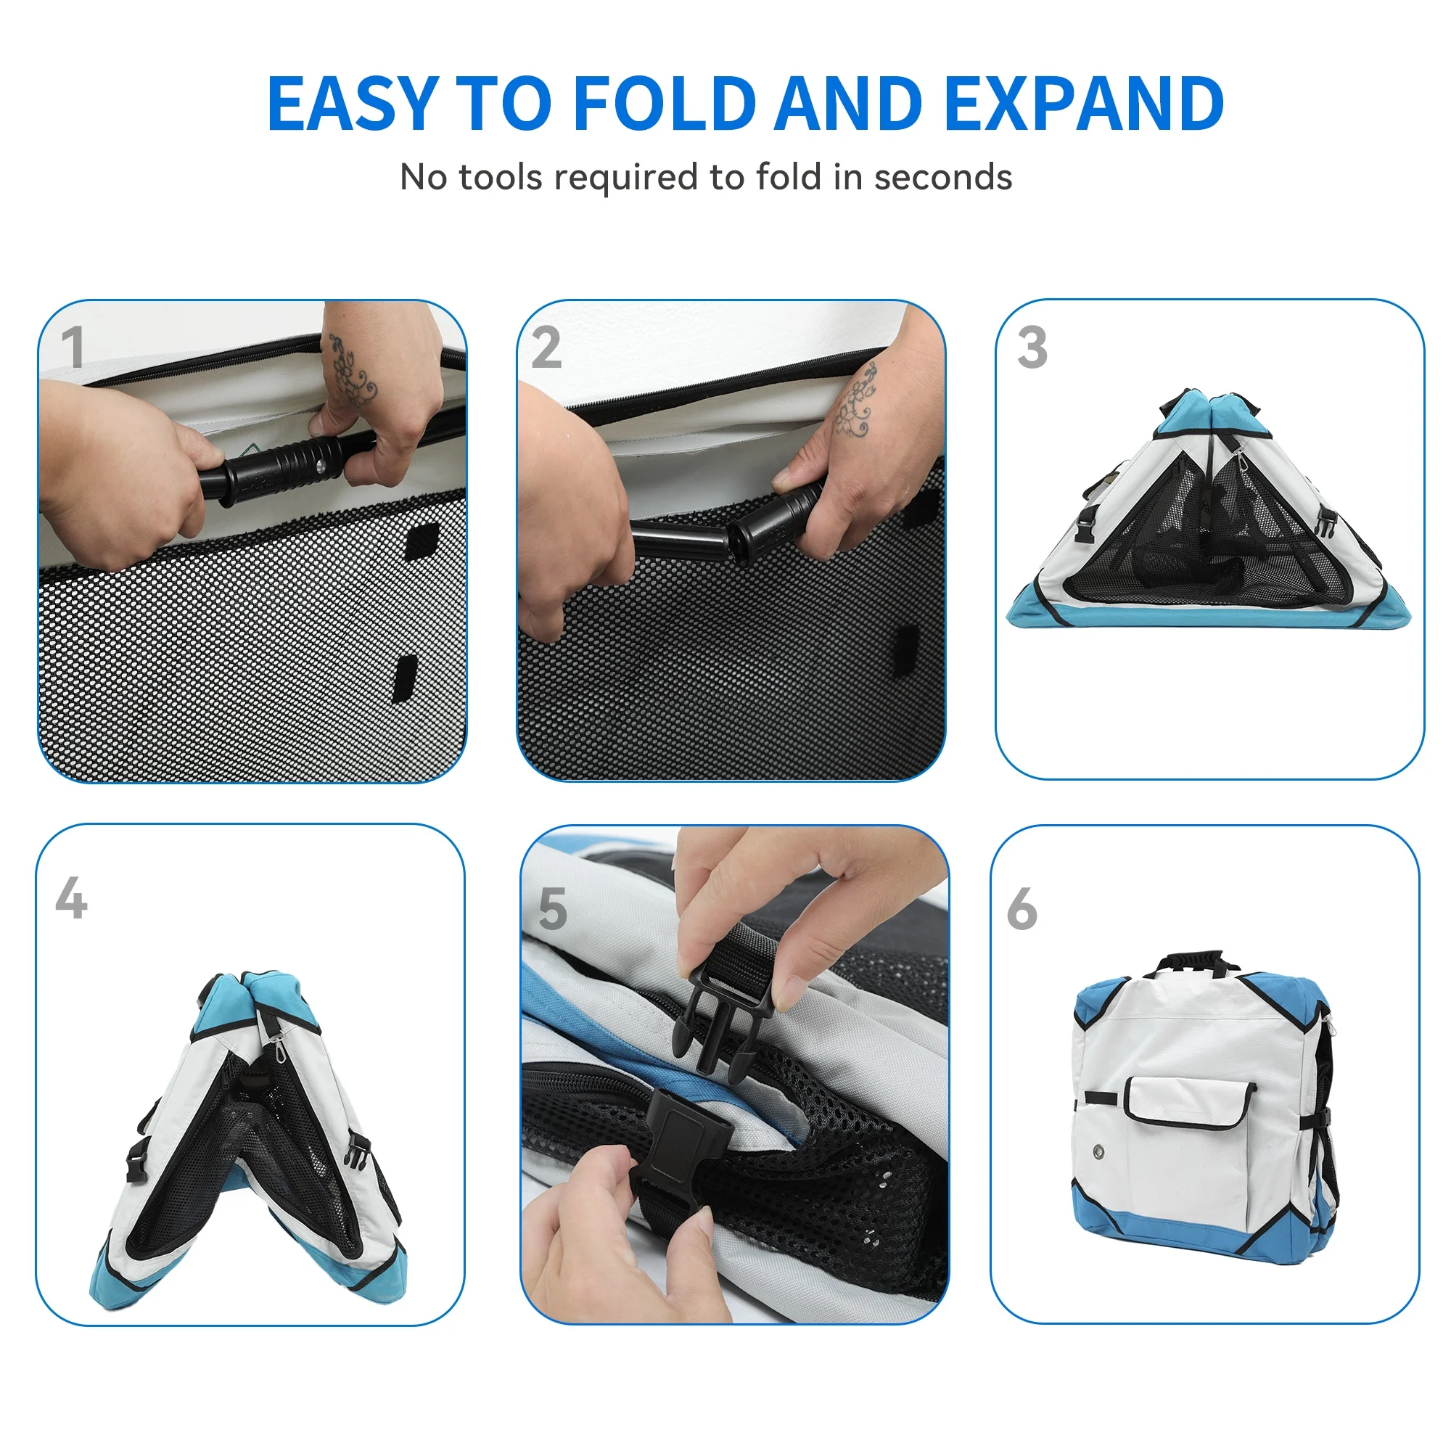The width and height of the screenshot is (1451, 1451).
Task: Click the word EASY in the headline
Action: tap(353, 103)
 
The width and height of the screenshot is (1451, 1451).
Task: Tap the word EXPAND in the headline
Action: tap(1084, 103)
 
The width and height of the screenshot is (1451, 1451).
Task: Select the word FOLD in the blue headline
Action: tap(665, 103)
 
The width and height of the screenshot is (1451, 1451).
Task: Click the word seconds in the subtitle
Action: tap(942, 177)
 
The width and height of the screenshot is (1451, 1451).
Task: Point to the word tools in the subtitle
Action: tap(500, 177)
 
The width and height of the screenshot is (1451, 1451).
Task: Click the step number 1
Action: tap(72, 347)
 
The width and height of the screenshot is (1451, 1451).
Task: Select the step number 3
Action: tap(1032, 347)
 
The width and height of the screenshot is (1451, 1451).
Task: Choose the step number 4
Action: tap(71, 897)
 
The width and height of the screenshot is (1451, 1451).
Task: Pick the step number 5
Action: tap(553, 909)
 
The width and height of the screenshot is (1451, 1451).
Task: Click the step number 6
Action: tap(1022, 909)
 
